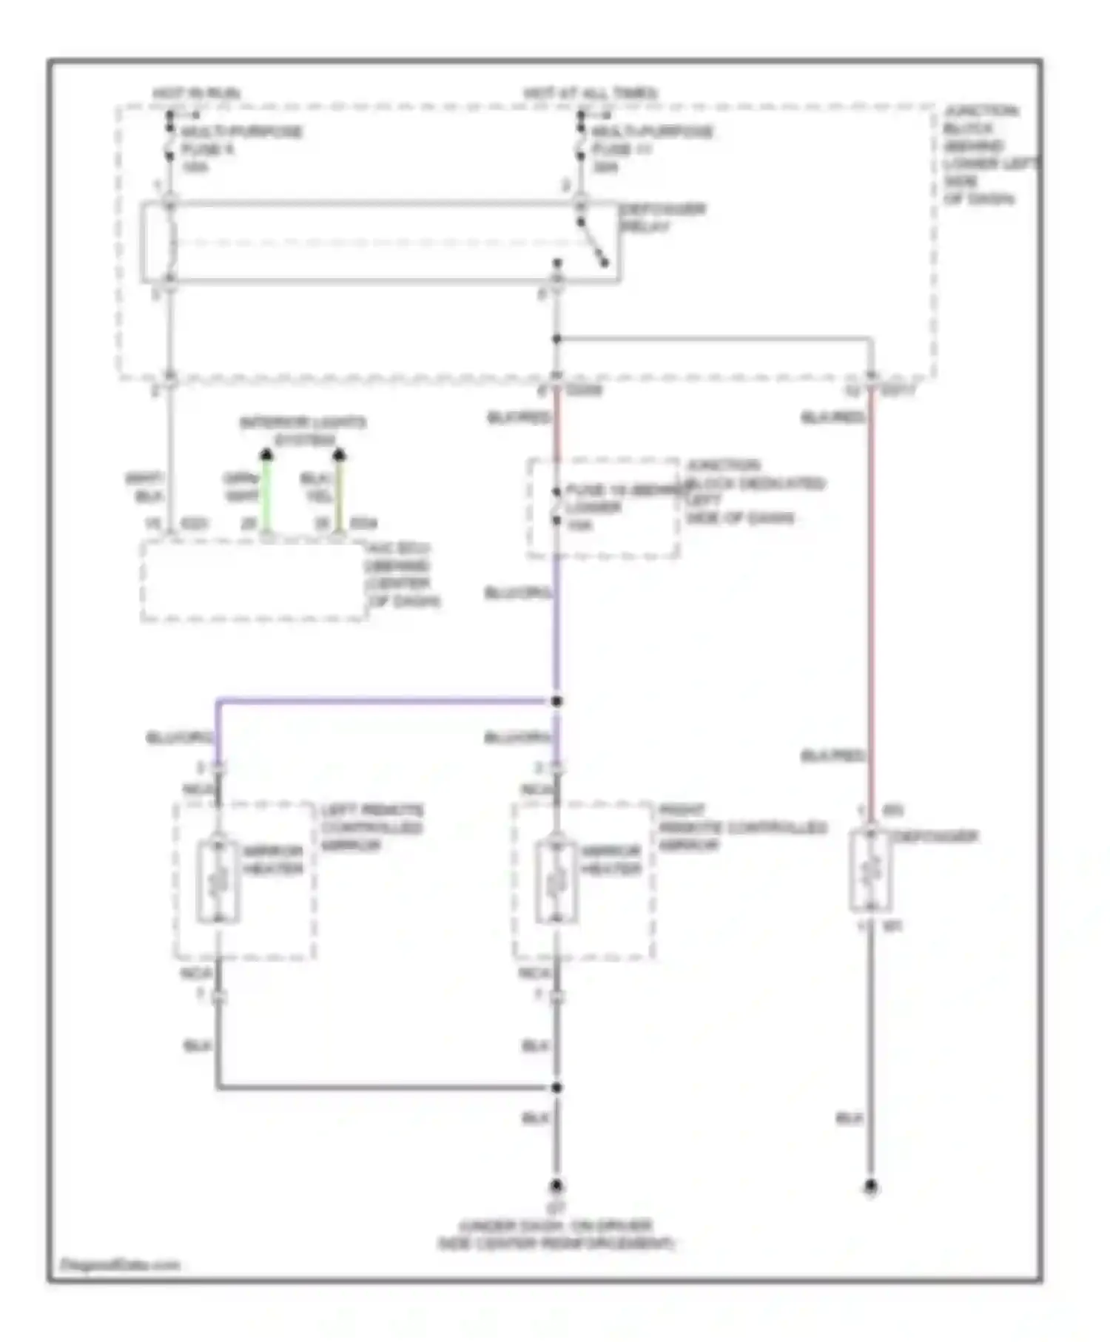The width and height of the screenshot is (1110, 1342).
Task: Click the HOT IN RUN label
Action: tap(196, 94)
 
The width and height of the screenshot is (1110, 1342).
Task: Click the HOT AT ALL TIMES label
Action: tap(591, 93)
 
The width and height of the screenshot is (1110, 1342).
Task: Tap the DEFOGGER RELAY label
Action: tap(662, 218)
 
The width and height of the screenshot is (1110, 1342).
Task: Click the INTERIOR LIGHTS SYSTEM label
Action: tap(303, 431)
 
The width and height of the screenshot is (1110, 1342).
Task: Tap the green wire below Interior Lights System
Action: tap(266, 491)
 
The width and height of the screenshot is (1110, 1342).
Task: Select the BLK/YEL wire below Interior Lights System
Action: tap(339, 491)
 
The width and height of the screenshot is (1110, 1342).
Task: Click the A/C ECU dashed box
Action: tap(254, 581)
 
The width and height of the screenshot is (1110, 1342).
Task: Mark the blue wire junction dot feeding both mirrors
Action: tap(556, 701)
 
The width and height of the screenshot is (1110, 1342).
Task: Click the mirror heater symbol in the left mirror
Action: tap(218, 881)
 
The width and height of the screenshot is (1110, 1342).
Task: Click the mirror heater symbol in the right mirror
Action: tap(556, 881)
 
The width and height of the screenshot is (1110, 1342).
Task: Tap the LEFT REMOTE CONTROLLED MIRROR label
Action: tap(371, 827)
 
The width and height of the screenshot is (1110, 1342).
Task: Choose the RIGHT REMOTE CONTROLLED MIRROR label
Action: tap(741, 827)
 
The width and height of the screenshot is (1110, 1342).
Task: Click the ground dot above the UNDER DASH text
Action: tap(556, 1186)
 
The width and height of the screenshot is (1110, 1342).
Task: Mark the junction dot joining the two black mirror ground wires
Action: tap(556, 1088)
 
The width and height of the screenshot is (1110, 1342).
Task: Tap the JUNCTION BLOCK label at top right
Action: tap(984, 154)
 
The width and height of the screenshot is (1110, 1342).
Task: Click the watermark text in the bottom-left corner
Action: tap(121, 1264)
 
